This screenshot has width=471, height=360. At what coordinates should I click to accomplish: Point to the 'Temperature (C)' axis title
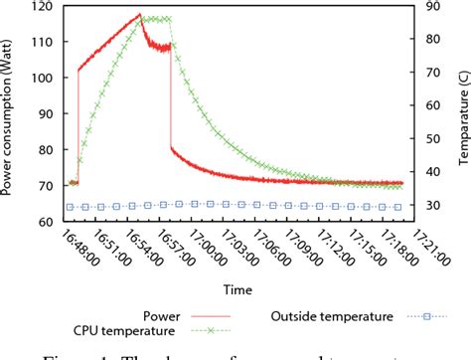(x=463, y=113)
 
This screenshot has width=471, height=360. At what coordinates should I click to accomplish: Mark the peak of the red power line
(x=139, y=15)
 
